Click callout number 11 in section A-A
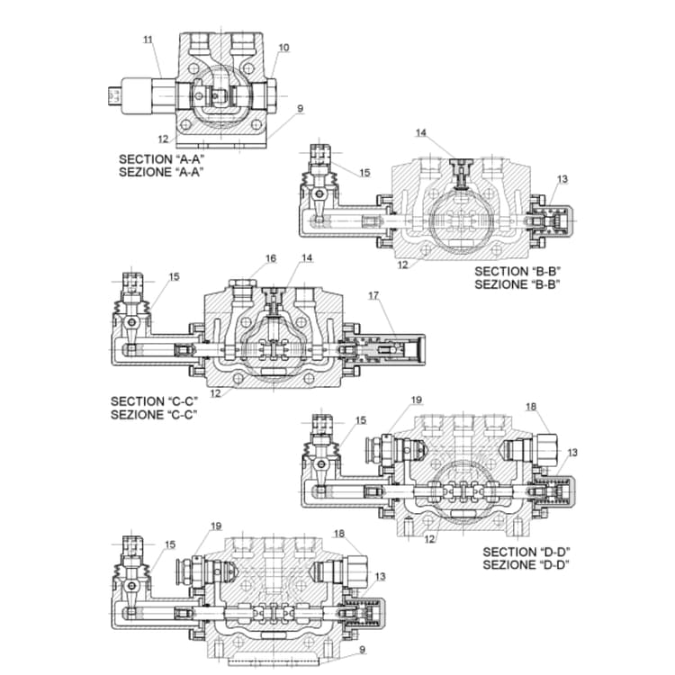(148, 39)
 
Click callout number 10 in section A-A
(283, 47)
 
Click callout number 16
(271, 258)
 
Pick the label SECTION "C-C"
(154, 401)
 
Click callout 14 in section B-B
(420, 133)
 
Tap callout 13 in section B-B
(562, 179)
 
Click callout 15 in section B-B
(364, 173)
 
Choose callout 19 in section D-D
(416, 400)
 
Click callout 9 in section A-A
(300, 109)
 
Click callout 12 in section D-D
(430, 539)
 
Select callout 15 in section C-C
(174, 277)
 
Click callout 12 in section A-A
(164, 139)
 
